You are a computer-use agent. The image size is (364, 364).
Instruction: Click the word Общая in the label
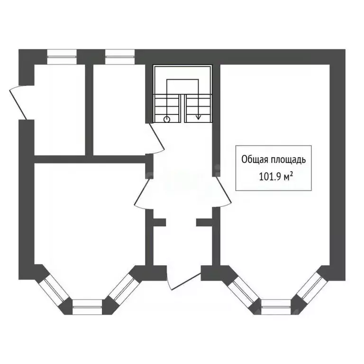pyautogui.click(x=254, y=160)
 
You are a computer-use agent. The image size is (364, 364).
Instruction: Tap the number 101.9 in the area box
pyautogui.click(x=270, y=177)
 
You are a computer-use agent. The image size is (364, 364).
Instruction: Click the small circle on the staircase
pyautogui.click(x=167, y=119)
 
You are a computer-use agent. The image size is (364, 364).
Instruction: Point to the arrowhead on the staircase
pyautogui.click(x=198, y=117)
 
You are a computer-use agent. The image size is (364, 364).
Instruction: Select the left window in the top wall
pyautogui.click(x=62, y=57)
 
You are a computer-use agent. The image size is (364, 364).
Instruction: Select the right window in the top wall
pyautogui.click(x=120, y=57)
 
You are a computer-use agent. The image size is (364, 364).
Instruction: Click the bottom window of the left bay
pyautogui.click(x=87, y=307)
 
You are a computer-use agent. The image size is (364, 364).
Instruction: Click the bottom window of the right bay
pyautogui.click(x=276, y=307)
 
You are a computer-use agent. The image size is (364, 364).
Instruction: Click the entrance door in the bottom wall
pyautogui.click(x=184, y=282)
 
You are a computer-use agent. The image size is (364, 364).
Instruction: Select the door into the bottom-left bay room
pyautogui.click(x=143, y=194)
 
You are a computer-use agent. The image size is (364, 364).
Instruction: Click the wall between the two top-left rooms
pyautogui.click(x=89, y=110)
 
